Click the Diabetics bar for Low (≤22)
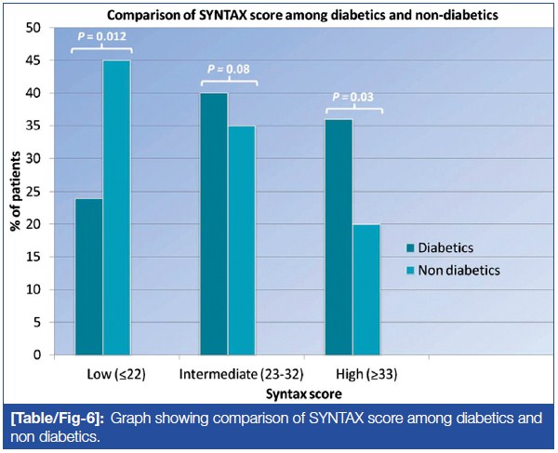89,276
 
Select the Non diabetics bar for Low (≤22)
116,207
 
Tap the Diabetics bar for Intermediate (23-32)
215,224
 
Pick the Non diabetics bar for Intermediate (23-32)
242,240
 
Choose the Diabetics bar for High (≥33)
339,237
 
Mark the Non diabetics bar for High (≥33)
366,289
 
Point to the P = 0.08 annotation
229,68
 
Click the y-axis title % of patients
19,192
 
